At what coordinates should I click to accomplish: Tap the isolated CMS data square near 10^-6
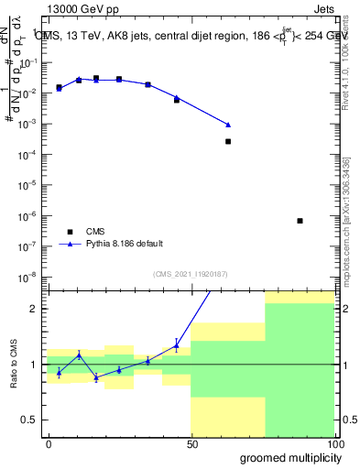pos(300,221)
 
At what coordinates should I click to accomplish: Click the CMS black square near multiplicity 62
pos(228,141)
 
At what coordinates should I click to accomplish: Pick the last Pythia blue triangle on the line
pos(228,125)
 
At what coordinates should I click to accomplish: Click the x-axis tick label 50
pos(191,443)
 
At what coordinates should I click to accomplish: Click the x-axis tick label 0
pos(49,443)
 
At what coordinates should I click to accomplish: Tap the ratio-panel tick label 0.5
pos(31,420)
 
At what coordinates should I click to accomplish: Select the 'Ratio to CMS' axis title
pos(12,364)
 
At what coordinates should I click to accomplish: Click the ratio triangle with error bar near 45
pos(177,345)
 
